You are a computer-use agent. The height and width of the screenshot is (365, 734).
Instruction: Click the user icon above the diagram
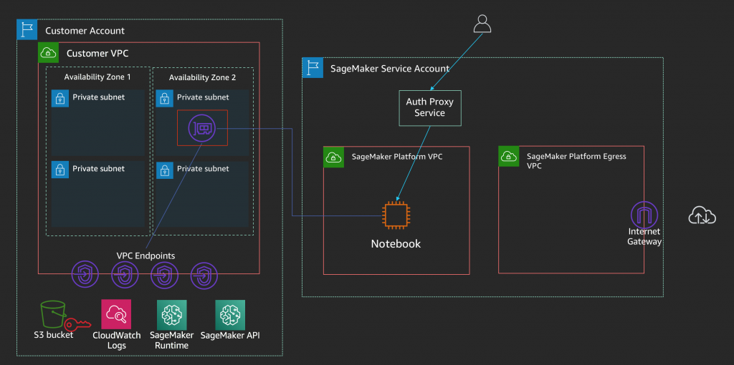point(482,24)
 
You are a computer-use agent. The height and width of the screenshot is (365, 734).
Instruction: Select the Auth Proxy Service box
point(430,108)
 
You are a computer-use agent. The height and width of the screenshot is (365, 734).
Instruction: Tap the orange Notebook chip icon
point(396,215)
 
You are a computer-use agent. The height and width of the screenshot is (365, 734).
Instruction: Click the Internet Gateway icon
point(644,215)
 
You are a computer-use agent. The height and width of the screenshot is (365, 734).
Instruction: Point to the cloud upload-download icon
point(702,215)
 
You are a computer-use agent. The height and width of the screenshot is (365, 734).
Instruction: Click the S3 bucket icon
point(52,314)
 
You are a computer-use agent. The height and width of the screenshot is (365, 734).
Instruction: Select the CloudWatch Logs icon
point(116,314)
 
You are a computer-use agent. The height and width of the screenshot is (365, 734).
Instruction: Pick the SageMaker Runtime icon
point(171,314)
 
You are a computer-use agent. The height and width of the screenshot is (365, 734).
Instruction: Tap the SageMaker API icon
point(230,314)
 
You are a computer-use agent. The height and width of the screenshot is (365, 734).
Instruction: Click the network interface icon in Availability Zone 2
point(202,128)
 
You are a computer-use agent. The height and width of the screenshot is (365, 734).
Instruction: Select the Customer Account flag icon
point(27,30)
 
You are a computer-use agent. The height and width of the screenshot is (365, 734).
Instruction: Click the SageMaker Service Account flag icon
point(313,68)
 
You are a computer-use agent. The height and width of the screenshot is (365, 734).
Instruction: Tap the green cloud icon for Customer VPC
point(48,53)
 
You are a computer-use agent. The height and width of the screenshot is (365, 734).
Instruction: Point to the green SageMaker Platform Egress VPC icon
point(509,157)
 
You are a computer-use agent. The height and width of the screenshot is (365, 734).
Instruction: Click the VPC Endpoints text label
point(146,255)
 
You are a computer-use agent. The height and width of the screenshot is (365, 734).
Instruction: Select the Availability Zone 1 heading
point(97,77)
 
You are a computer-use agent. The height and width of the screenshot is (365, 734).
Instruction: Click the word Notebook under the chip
point(396,243)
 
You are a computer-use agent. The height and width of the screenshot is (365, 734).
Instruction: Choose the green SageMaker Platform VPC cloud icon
point(334,157)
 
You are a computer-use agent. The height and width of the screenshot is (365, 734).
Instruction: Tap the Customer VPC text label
point(97,53)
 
